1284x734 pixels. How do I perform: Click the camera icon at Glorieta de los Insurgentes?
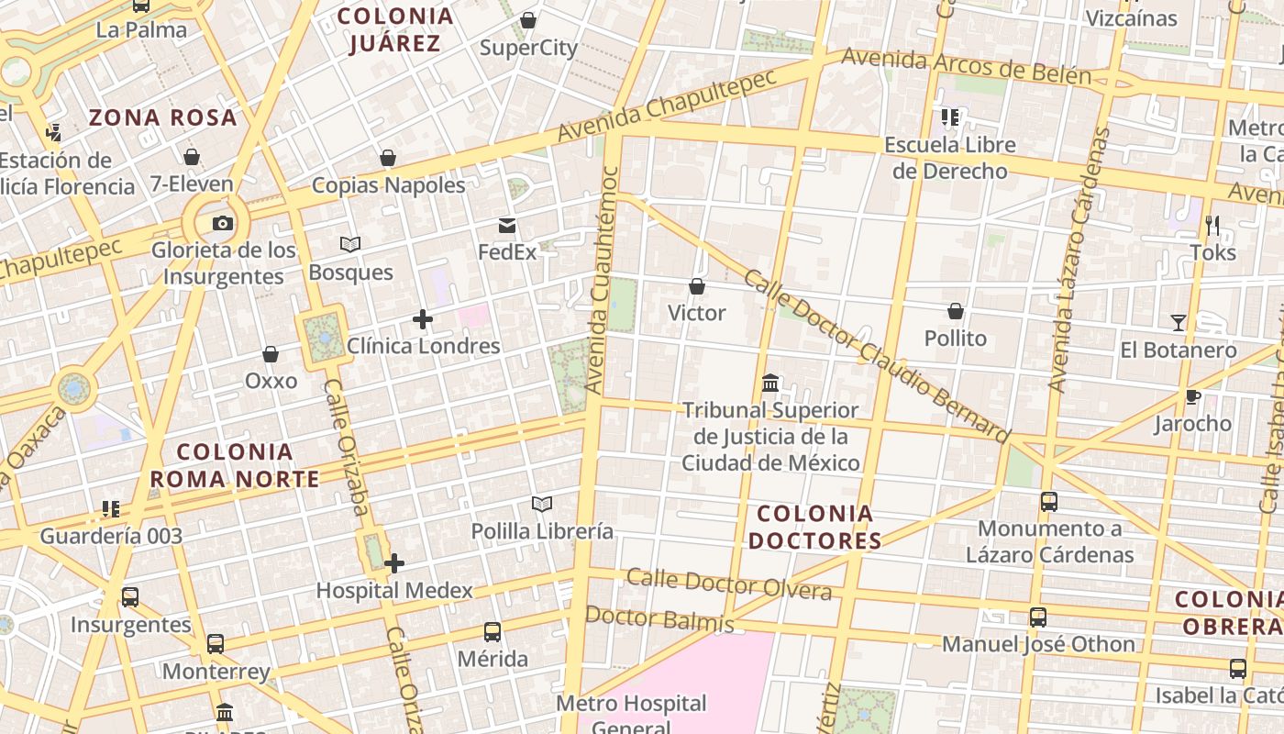point(222,223)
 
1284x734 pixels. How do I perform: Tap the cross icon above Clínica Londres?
point(422,319)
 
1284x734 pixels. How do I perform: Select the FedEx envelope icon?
point(507,226)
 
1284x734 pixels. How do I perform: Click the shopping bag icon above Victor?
point(697,286)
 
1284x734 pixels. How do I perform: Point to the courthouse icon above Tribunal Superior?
point(770,383)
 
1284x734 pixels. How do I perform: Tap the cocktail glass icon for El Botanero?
point(1179,323)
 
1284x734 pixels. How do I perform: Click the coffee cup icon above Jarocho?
point(1192,396)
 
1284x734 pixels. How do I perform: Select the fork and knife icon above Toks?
point(1212,225)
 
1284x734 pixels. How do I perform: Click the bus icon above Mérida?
point(493,631)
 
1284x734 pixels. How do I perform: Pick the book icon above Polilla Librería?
point(542,504)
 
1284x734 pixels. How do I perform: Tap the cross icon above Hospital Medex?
point(394,563)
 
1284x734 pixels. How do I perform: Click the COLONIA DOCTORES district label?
point(814,527)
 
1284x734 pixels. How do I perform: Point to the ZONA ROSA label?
point(163,117)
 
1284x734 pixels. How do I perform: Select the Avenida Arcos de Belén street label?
point(966,66)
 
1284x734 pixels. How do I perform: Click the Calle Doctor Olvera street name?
point(729,584)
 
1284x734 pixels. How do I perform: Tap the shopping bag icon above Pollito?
point(956,312)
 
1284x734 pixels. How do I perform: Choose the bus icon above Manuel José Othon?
point(1038,617)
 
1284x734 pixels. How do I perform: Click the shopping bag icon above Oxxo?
point(271,354)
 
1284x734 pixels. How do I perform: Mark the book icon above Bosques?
point(350,244)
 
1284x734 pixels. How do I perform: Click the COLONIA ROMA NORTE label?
point(235,465)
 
